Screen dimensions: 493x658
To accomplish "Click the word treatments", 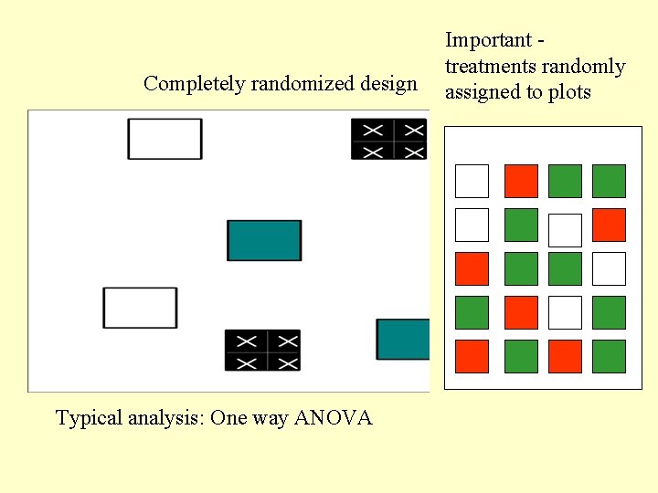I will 489,67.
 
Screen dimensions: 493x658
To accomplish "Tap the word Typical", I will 85,419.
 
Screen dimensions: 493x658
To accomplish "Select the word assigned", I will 480,92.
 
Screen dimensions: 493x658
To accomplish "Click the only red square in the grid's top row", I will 522,181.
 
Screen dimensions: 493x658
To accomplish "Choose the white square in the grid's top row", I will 472,181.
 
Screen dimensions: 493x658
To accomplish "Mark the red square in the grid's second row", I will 609,225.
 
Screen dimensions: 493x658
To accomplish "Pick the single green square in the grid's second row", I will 522,225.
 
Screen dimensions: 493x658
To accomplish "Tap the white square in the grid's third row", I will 609,268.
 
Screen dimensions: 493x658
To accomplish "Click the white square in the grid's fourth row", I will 565,312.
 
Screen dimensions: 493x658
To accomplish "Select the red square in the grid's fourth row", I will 522,312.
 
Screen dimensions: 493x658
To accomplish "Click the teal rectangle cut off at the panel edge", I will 403,339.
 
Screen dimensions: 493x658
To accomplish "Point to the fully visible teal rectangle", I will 264,240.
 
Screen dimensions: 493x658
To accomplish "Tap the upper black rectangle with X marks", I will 388,139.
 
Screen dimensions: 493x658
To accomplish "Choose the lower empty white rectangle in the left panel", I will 140,308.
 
